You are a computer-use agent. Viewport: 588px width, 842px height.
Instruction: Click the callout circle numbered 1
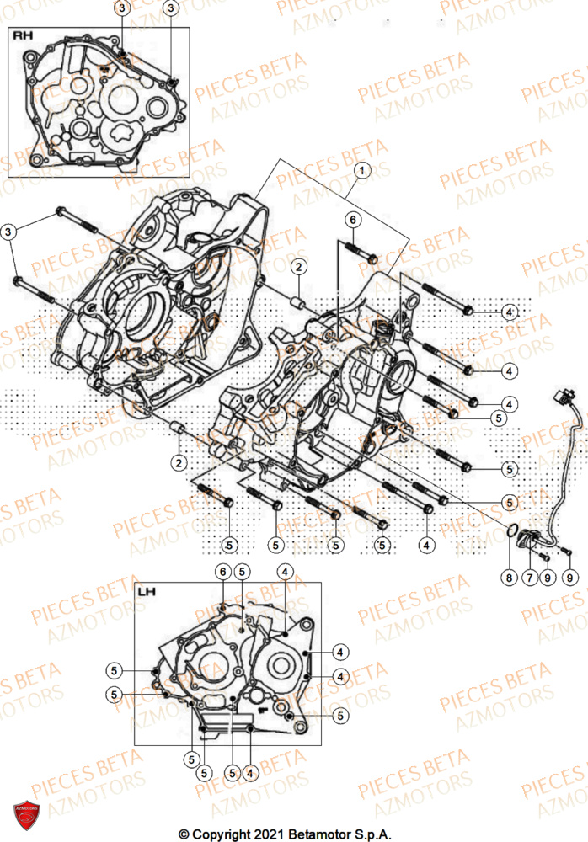361,170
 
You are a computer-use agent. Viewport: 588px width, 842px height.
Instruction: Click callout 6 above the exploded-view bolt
354,220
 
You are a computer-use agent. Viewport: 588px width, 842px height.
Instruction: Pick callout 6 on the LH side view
222,573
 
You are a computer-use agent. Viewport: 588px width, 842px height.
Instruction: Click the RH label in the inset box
23,37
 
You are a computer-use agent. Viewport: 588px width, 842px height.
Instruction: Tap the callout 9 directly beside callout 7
548,578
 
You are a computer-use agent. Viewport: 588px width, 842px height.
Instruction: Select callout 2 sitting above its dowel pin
298,268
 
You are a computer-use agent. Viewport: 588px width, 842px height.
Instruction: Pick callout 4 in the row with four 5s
426,546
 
